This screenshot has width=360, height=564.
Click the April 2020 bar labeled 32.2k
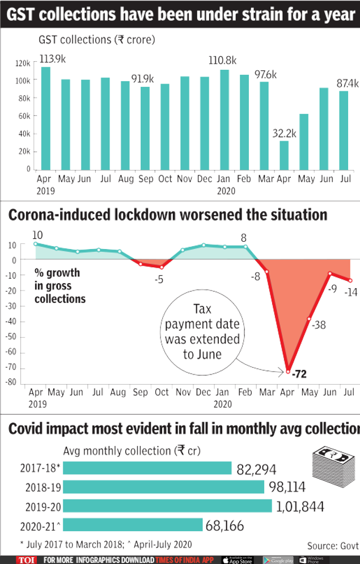284,155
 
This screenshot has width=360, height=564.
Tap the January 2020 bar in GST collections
225,119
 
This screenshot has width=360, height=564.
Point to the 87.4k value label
348,83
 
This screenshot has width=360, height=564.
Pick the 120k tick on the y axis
23,63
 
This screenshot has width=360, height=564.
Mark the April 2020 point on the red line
288,372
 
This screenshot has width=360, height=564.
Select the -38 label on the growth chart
319,325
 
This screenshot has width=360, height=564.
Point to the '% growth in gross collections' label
60,285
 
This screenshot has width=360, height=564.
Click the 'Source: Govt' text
333,545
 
